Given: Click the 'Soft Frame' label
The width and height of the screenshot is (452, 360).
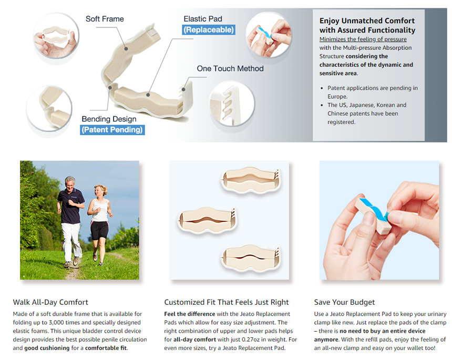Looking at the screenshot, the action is tap(105, 19).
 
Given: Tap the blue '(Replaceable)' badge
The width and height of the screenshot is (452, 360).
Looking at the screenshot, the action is tap(209, 29).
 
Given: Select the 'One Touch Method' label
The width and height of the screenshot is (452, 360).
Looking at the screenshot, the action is tap(230, 69).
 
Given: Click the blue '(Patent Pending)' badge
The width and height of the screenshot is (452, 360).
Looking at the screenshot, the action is tap(112, 130).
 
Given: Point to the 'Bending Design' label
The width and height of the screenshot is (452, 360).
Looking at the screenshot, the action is tap(109, 119).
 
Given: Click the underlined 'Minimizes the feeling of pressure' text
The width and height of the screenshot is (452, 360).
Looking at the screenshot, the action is tap(363, 39).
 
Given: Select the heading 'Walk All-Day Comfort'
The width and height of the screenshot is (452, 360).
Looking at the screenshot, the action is tap(50, 302).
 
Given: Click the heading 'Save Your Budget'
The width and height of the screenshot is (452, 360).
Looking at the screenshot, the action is tap(344, 302).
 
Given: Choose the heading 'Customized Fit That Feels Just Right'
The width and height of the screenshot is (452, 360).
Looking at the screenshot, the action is tap(227, 302).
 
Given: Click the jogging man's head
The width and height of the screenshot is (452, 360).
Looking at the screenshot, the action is tap(70, 183).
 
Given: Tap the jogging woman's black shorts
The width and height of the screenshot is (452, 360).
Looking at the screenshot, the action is tap(99, 230).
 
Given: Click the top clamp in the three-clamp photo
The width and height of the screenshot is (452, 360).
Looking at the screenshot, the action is tap(251, 180).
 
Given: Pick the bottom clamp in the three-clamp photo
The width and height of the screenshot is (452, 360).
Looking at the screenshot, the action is tap(251, 259).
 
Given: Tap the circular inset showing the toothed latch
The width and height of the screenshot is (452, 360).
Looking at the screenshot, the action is tap(232, 104).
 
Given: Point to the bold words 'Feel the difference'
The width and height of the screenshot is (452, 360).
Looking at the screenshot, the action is tap(190, 314).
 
